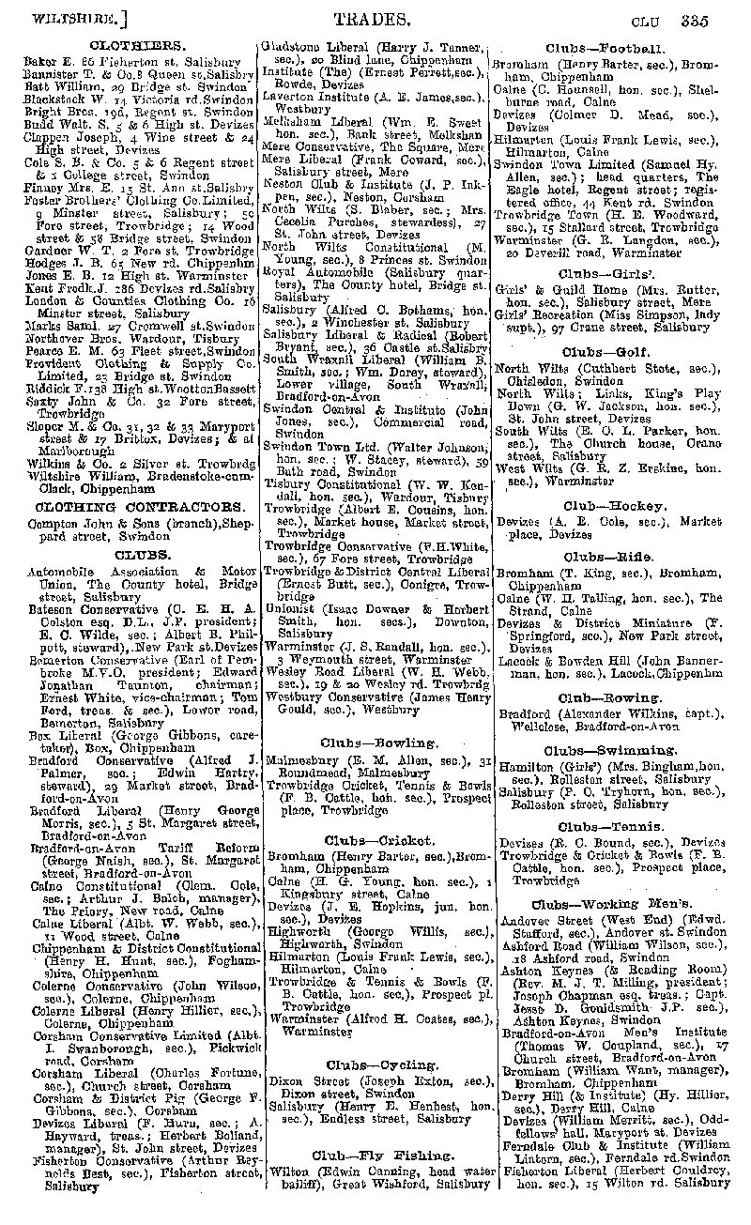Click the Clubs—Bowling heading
click(x=379, y=743)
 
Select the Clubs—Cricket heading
click(x=379, y=840)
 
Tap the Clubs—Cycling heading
click(x=379, y=1064)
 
